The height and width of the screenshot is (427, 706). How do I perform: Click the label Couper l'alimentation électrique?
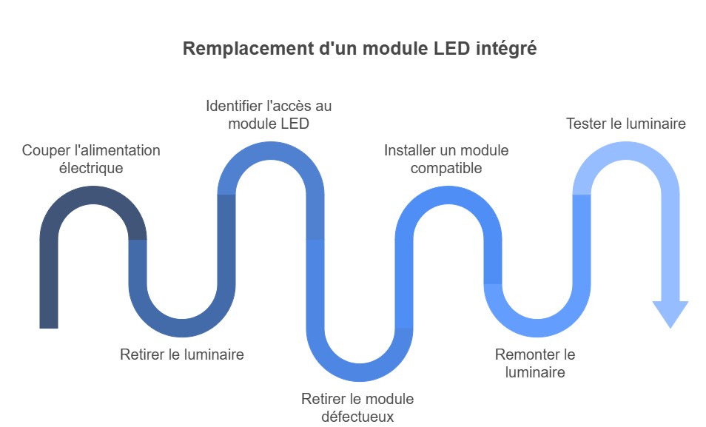(x=91, y=159)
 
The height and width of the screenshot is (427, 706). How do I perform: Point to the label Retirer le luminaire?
(x=182, y=355)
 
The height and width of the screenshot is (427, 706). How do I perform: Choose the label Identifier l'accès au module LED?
(x=269, y=115)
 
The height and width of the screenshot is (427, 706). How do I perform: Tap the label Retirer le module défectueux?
(x=357, y=408)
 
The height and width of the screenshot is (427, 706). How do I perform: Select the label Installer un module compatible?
(x=446, y=159)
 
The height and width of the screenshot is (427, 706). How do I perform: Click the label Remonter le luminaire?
(x=535, y=363)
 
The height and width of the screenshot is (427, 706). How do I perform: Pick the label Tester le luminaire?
(x=626, y=124)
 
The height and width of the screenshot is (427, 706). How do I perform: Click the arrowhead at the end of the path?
(x=670, y=313)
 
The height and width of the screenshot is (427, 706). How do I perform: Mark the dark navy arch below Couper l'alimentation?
(x=93, y=196)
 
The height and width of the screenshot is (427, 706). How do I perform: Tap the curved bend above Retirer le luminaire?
(x=182, y=328)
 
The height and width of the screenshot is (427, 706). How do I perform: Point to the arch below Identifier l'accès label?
(x=271, y=152)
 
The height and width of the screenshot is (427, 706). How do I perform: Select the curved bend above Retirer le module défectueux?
(x=360, y=372)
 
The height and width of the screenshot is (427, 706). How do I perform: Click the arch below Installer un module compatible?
(x=448, y=196)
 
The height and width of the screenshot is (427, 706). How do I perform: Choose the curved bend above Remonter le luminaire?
(x=537, y=328)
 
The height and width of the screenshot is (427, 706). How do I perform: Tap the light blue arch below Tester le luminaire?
(x=626, y=152)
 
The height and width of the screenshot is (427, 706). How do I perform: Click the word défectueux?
(x=357, y=417)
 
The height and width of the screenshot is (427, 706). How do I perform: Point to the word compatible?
(x=446, y=168)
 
